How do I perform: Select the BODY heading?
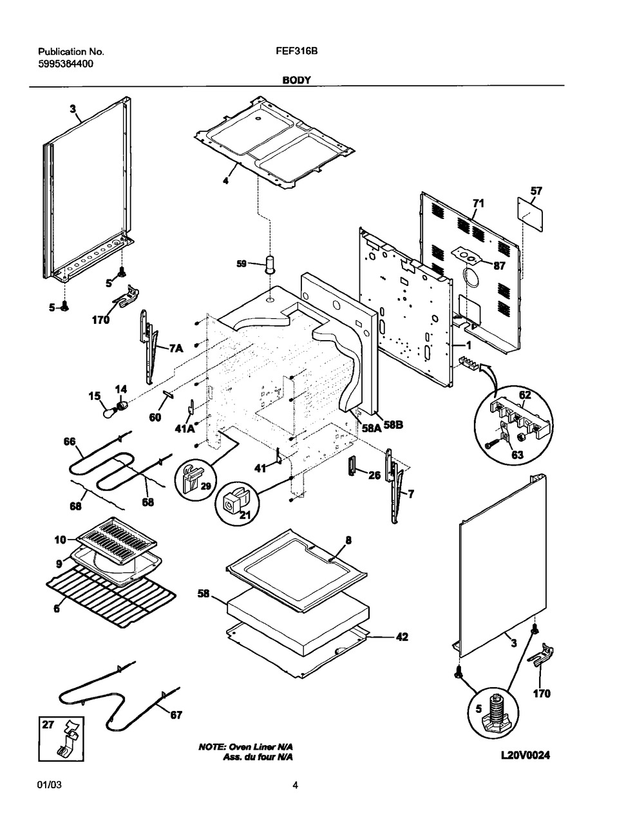[x=296, y=80]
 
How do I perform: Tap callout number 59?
[x=241, y=263]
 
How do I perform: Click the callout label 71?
[x=478, y=204]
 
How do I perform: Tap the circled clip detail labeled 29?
[x=194, y=480]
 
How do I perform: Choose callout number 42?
[x=401, y=637]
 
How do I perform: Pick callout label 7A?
[x=176, y=348]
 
